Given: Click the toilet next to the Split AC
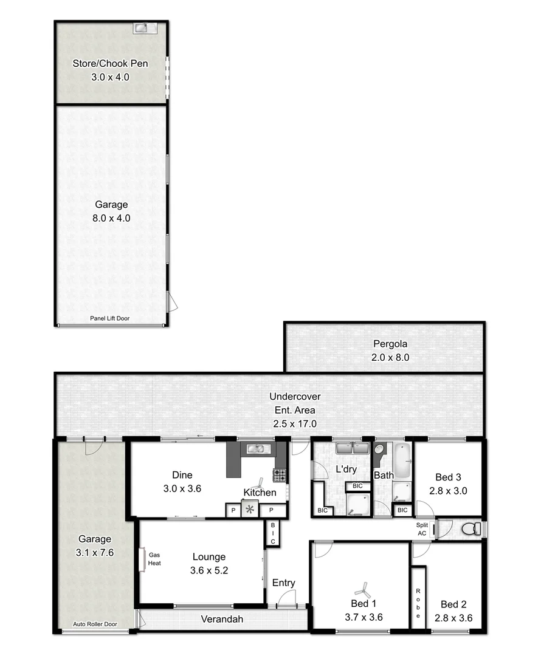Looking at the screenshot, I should point(470,529).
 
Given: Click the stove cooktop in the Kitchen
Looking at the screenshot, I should point(280,474).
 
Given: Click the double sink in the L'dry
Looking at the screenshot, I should point(353,449).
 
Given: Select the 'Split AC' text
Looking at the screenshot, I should point(422,529).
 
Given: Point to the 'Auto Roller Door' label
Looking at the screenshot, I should point(95,624).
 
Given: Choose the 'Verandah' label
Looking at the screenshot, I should point(222,620).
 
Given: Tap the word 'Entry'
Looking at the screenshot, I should point(283,583).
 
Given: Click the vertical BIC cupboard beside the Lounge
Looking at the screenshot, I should point(273,533).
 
